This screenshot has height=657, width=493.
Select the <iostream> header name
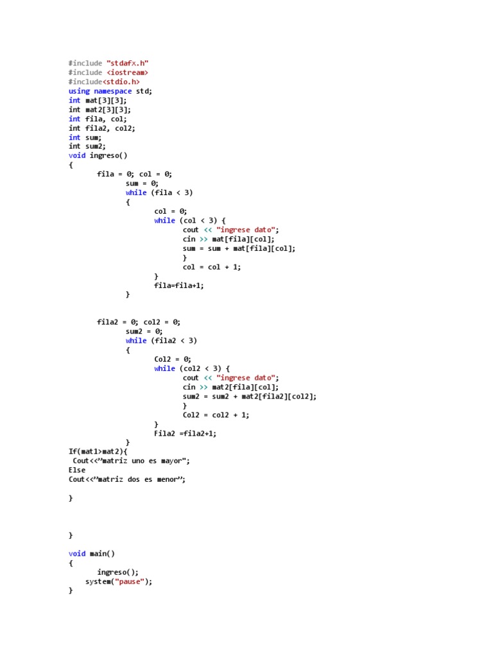click(x=127, y=73)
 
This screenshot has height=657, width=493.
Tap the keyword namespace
click(x=113, y=91)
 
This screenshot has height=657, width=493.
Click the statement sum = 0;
click(x=142, y=183)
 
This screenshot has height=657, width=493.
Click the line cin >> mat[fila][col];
click(x=229, y=239)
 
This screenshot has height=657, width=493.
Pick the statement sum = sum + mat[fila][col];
click(x=239, y=248)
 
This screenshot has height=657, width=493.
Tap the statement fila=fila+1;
click(x=179, y=286)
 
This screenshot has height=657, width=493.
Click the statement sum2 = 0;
click(x=144, y=332)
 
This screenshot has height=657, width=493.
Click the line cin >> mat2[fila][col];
click(x=230, y=387)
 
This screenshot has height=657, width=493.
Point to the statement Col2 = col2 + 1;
click(x=216, y=414)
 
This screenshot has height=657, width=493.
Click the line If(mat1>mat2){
click(x=98, y=452)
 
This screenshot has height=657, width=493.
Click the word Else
click(x=77, y=470)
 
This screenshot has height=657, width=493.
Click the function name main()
click(x=103, y=554)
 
